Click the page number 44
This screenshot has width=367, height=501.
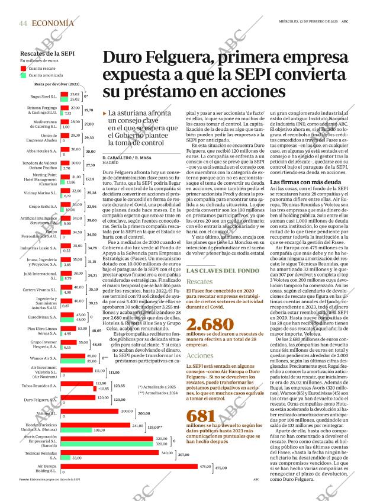point(22,23)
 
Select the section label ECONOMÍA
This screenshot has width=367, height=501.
point(53,23)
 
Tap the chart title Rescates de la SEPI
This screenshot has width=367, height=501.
point(47,54)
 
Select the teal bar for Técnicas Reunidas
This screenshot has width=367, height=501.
point(65,458)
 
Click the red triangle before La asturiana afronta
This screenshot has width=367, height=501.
point(105,113)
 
